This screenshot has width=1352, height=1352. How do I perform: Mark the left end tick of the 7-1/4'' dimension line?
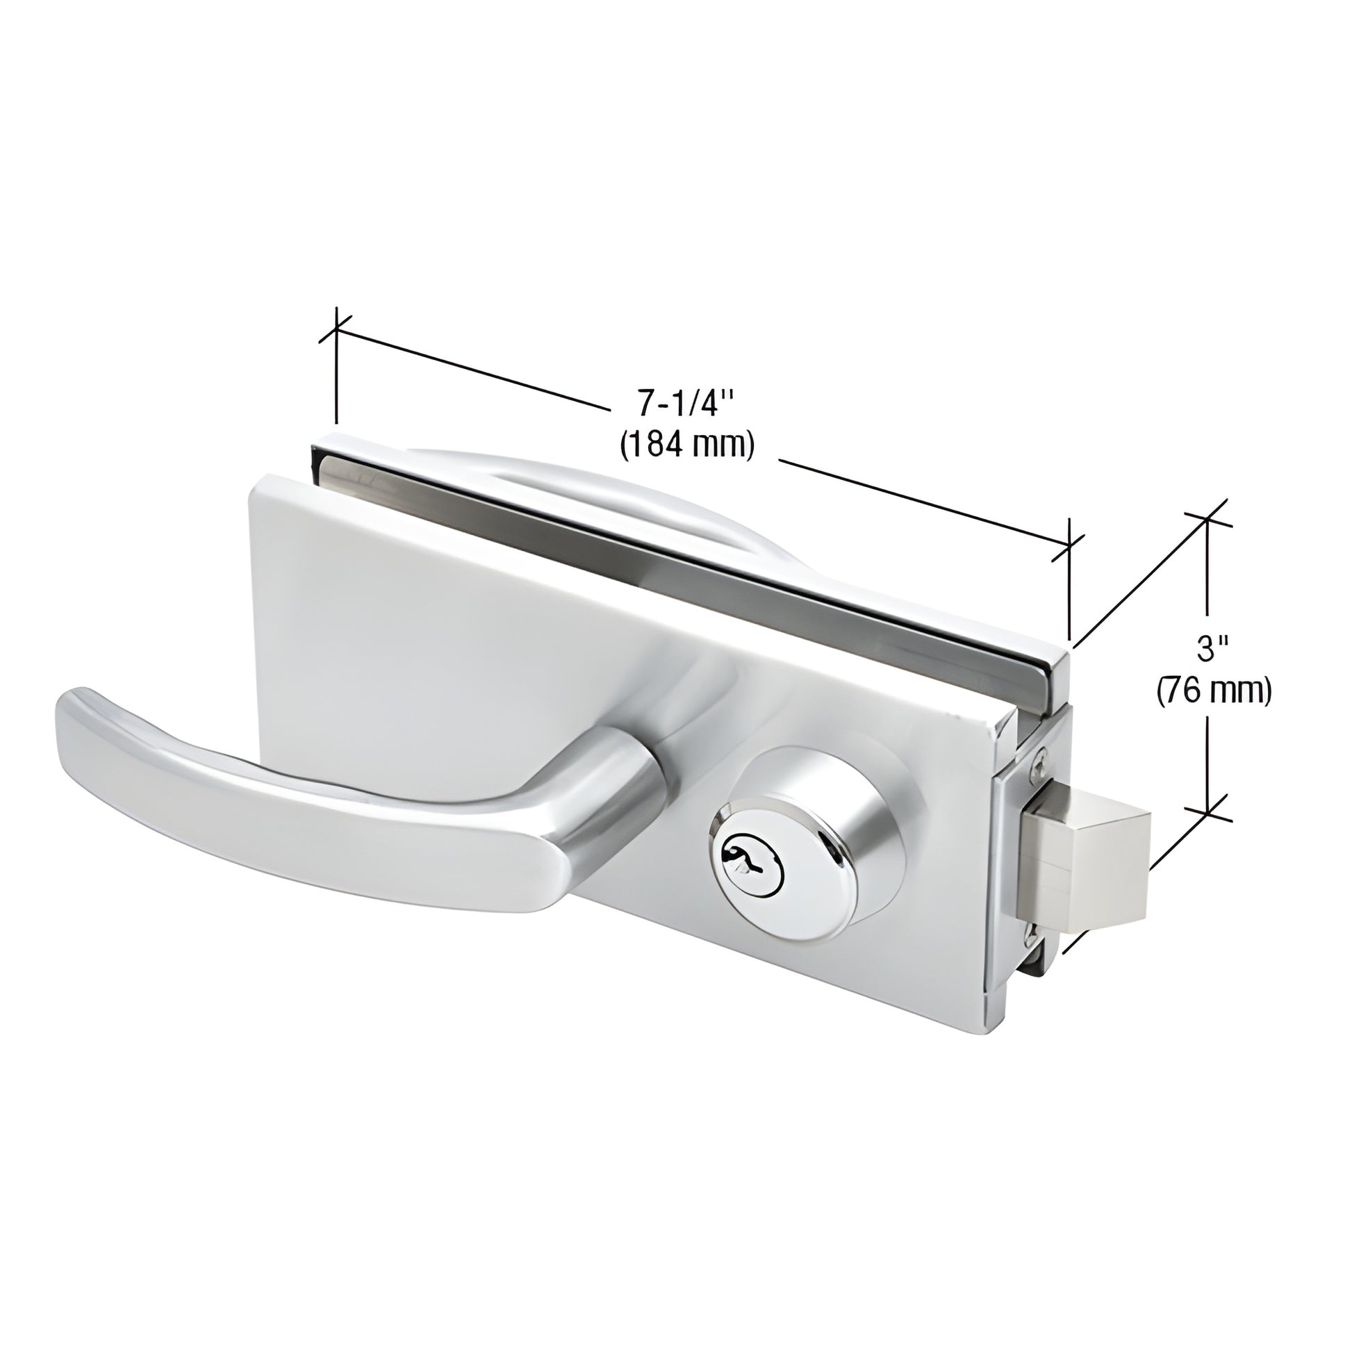[x=336, y=327]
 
